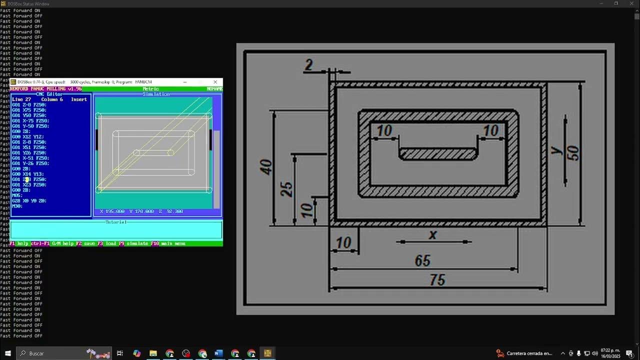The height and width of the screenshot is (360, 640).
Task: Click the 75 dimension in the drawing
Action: (x=437, y=280)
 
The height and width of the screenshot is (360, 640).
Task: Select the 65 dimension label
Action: (x=422, y=260)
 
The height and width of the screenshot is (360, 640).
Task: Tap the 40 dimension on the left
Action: (x=266, y=167)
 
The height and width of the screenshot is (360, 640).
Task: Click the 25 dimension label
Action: (x=287, y=189)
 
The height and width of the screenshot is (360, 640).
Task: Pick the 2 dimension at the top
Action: (x=308, y=65)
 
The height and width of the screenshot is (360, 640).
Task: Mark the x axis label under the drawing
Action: (x=433, y=234)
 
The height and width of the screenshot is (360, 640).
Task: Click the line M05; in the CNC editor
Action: (x=17, y=195)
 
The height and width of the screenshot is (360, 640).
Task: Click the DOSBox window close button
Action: (x=215, y=82)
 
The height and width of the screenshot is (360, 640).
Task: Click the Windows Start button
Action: (x=8, y=353)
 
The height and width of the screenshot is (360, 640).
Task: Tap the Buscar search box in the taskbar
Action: (x=50, y=353)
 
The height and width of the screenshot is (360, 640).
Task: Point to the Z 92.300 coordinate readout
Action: (x=171, y=211)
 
